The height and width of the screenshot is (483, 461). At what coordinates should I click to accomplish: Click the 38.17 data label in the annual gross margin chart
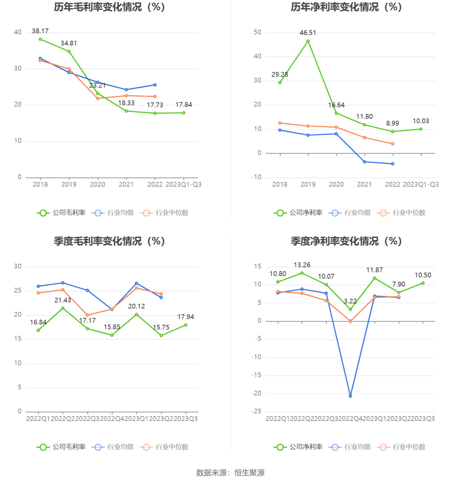click(x=40, y=31)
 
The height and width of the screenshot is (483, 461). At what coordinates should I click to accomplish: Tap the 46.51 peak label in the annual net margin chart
click(x=308, y=33)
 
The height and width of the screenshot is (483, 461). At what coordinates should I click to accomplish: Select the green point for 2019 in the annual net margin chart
click(x=308, y=41)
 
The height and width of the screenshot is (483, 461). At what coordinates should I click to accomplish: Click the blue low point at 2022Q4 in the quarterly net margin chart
click(x=350, y=396)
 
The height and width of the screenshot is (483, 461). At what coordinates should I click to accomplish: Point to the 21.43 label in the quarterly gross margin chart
click(x=63, y=300)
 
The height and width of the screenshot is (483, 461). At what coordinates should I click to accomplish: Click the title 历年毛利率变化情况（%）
click(x=109, y=7)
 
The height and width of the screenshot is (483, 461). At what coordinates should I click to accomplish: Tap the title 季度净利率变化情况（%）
click(x=346, y=241)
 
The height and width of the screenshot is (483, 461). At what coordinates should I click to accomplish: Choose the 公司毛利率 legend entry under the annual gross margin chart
click(x=61, y=213)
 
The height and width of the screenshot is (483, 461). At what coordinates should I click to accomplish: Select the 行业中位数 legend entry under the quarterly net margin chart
click(x=401, y=447)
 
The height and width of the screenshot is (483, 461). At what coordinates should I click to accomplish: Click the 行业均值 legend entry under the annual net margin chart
click(x=350, y=213)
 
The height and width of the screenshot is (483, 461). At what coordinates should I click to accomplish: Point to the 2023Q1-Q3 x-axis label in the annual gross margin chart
click(x=183, y=185)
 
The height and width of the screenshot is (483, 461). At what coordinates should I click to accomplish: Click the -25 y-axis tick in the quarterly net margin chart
click(x=256, y=411)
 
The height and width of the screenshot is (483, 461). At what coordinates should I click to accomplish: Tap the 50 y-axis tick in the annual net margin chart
click(x=258, y=32)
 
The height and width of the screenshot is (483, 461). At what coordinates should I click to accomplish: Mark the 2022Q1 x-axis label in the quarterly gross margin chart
click(x=38, y=419)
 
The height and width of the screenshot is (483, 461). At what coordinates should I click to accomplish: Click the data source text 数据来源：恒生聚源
click(x=230, y=473)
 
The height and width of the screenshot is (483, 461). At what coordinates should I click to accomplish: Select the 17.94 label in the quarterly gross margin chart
click(x=186, y=317)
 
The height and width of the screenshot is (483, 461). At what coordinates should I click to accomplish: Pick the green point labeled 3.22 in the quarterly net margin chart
click(x=350, y=309)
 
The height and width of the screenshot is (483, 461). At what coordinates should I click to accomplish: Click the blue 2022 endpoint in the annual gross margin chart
click(x=155, y=85)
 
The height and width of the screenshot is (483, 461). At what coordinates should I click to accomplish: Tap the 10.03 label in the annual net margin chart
click(x=421, y=121)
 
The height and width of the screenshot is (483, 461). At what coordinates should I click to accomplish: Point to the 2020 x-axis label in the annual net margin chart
click(x=336, y=185)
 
